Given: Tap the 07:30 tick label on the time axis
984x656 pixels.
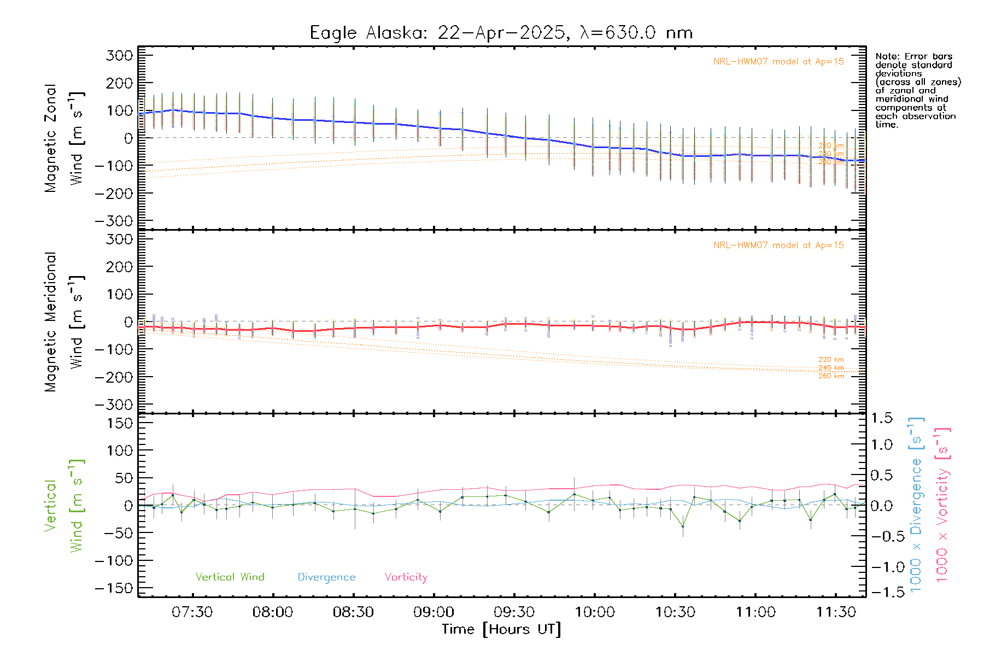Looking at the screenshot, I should [192, 612].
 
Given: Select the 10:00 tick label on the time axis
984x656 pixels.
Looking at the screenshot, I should [595, 612].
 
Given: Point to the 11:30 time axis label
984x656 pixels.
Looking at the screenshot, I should [836, 612].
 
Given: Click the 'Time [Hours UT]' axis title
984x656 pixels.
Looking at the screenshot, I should [501, 629].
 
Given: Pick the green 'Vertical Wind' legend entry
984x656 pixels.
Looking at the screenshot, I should [230, 577].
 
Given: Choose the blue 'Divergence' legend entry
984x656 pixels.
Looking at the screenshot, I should [326, 577].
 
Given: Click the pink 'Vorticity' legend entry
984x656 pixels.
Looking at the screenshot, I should [406, 577].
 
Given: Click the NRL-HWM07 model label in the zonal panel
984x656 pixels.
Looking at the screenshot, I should [778, 61].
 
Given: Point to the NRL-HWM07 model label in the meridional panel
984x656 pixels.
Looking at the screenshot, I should [778, 245].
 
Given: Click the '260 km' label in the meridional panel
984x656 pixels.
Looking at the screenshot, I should [831, 376].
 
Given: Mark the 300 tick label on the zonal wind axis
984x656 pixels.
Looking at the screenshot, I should [119, 55].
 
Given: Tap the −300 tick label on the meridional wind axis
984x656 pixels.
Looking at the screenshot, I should [114, 405].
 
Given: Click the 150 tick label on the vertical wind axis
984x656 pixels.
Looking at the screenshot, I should [119, 423].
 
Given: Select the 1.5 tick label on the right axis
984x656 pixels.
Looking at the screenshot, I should [882, 418].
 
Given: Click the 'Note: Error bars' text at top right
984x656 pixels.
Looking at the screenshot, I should [913, 56].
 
